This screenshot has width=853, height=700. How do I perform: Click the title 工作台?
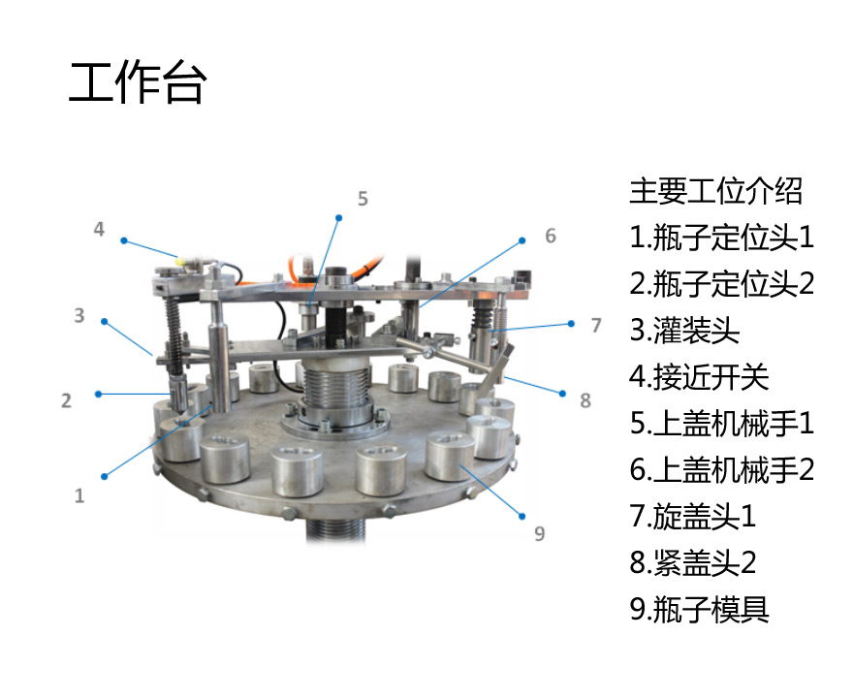(x=138, y=82)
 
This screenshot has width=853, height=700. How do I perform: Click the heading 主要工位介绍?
(x=716, y=191)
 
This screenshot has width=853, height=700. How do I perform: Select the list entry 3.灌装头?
(x=684, y=331)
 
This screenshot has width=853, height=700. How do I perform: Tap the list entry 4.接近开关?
(x=699, y=377)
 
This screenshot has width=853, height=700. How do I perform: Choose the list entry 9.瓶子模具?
(x=699, y=609)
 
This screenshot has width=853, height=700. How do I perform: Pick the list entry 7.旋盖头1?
(x=693, y=516)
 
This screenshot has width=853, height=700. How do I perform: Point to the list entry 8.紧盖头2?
(x=693, y=562)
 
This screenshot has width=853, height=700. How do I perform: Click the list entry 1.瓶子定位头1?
(x=722, y=238)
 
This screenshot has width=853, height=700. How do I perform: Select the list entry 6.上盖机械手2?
(x=722, y=470)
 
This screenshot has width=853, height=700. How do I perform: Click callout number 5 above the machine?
(x=363, y=199)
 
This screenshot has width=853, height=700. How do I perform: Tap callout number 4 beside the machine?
(x=99, y=229)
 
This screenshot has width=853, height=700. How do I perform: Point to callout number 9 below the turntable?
(x=540, y=534)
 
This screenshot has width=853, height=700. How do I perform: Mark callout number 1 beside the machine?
(x=79, y=495)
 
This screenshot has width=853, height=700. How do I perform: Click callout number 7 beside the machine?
(x=596, y=326)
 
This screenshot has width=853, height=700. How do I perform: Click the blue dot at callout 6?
(x=522, y=240)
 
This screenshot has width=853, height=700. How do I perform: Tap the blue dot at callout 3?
(x=105, y=322)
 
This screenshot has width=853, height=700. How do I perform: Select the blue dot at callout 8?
(x=562, y=393)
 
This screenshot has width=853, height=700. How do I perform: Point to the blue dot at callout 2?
(x=99, y=394)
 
